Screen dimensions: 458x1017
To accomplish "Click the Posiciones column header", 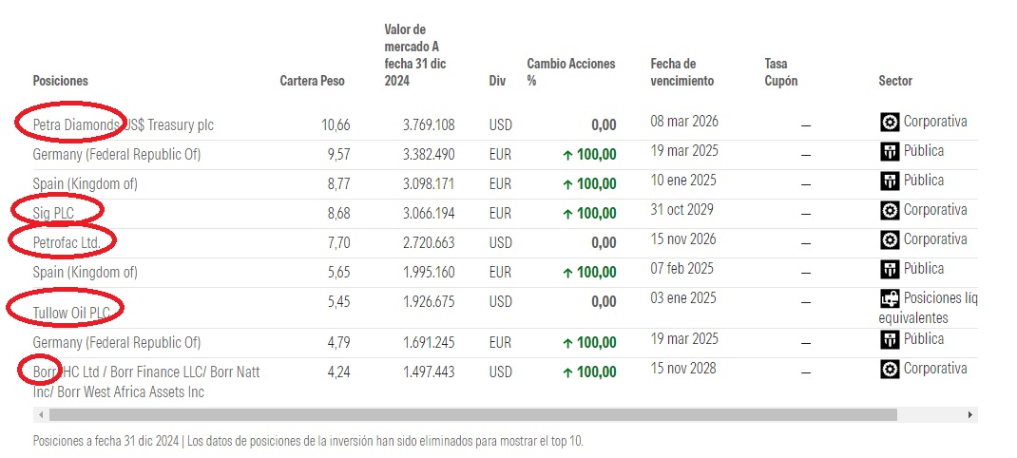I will [x=60, y=82].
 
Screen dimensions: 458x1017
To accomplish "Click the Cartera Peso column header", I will [x=312, y=82].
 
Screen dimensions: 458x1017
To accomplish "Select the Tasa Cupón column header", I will [x=781, y=72].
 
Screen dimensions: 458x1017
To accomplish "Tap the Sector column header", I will [x=895, y=82].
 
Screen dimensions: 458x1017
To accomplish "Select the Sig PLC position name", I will [x=53, y=214].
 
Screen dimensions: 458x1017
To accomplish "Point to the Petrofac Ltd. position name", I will [x=67, y=243].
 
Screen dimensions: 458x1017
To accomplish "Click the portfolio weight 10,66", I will [x=336, y=125].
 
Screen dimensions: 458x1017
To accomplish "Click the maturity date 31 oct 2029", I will [x=681, y=210].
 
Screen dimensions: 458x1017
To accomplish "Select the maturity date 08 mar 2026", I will [x=683, y=122].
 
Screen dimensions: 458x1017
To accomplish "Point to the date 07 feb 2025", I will [x=682, y=269].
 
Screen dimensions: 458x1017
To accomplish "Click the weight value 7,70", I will [x=338, y=243].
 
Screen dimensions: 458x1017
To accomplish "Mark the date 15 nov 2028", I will [x=683, y=369].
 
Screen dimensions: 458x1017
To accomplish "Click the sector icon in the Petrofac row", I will [x=890, y=239].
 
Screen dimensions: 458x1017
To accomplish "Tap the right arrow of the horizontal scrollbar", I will [x=969, y=415].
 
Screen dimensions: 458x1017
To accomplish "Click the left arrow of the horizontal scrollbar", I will [x=39, y=415].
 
